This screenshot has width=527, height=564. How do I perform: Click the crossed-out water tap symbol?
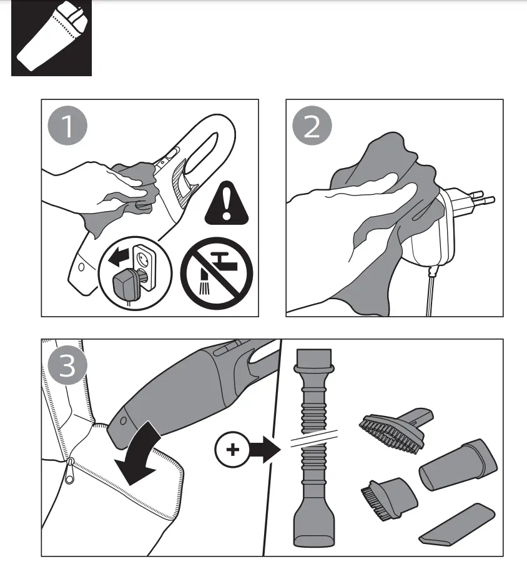point(217,272)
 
